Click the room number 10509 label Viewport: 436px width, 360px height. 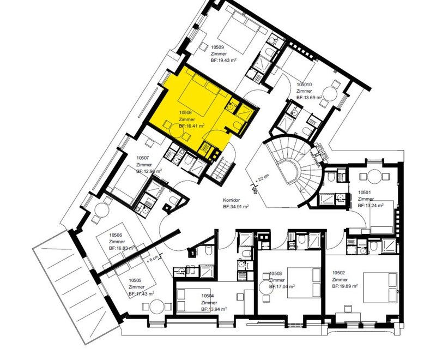point(219,48)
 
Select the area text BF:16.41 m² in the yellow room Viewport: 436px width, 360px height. point(192,125)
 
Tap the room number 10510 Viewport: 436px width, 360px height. point(304,85)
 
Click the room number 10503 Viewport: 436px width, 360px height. point(276,273)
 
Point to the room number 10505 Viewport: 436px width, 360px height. point(135,280)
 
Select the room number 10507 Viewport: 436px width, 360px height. point(143,158)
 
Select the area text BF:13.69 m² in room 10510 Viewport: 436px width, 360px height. point(309,97)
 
